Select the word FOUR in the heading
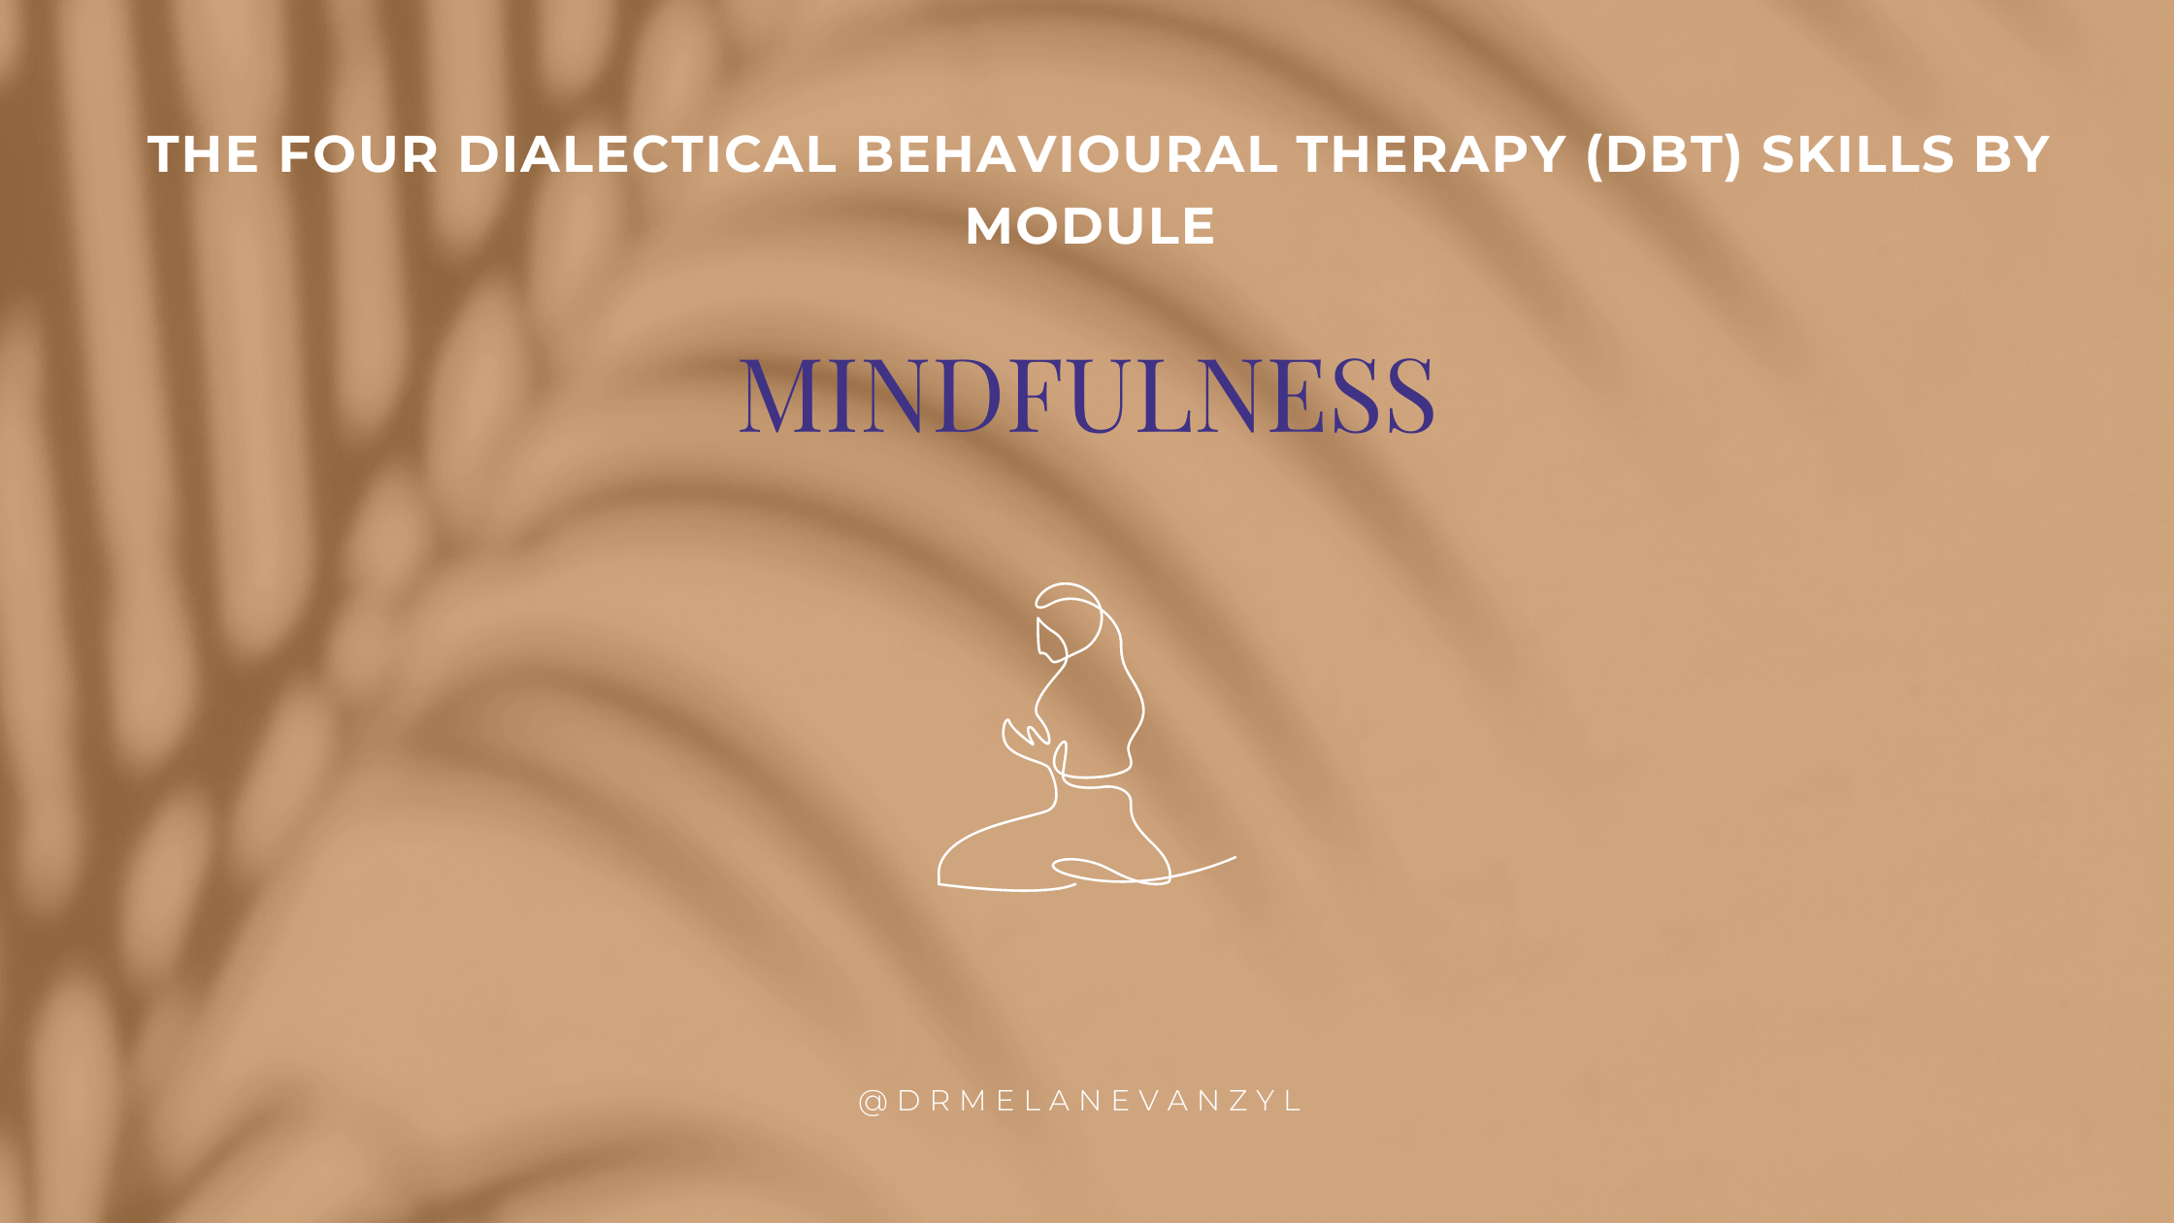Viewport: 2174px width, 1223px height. (358, 155)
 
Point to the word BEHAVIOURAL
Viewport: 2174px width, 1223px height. (1067, 155)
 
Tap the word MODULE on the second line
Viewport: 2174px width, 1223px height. (1090, 227)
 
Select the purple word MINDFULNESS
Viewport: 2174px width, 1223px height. (1087, 395)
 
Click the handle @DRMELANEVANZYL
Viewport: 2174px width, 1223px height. (1080, 1102)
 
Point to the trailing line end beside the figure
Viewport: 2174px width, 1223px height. (1235, 857)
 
